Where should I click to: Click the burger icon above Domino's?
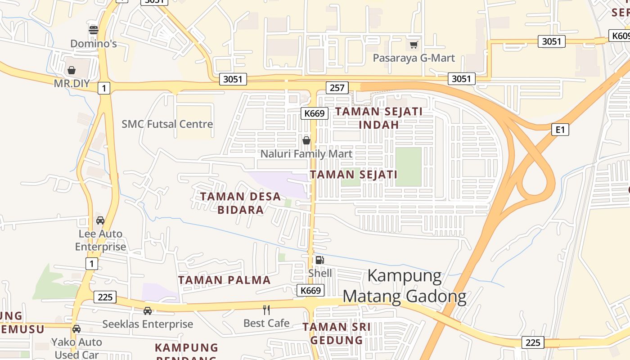[94, 30]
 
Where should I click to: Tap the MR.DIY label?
[72, 84]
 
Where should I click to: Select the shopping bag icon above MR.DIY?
[71, 70]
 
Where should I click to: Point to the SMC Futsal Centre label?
[167, 124]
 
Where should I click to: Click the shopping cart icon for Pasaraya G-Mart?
[414, 45]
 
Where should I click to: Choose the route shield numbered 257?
[337, 87]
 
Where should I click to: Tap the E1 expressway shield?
[560, 130]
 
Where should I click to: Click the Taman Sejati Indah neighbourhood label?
[379, 118]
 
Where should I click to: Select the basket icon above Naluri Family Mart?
[306, 141]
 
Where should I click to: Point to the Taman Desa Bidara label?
[241, 203]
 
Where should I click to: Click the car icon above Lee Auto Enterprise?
[100, 220]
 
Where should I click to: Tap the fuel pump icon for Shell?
[319, 260]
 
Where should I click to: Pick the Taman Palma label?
[224, 280]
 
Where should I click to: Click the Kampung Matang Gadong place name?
[404, 286]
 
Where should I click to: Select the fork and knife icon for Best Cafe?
[266, 310]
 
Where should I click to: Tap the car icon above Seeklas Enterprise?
[147, 311]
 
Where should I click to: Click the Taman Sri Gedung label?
[337, 333]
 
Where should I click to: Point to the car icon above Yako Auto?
[76, 329]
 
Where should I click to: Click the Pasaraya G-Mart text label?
[414, 58]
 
